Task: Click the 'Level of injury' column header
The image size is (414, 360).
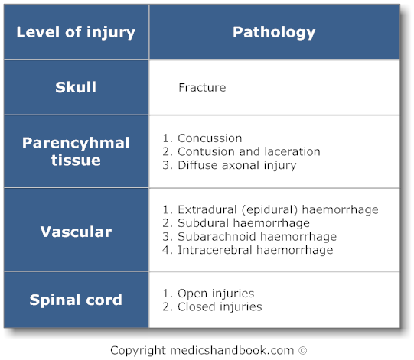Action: pos(76,32)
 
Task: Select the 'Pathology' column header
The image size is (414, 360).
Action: pos(273,32)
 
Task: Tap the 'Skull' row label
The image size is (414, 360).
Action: pos(76,87)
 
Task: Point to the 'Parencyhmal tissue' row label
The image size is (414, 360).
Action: pos(76,151)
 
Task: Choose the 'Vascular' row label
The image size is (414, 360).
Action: pos(76,232)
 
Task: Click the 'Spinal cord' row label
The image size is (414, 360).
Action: pos(76,300)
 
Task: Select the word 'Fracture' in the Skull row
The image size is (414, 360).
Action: pos(202,87)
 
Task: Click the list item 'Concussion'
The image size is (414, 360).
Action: pos(209,138)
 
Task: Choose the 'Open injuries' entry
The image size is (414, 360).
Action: pos(215,294)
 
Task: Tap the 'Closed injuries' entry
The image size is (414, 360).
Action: pos(219,306)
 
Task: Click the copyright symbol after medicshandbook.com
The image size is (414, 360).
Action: pos(302,350)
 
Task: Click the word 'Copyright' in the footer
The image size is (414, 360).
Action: pos(138,350)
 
